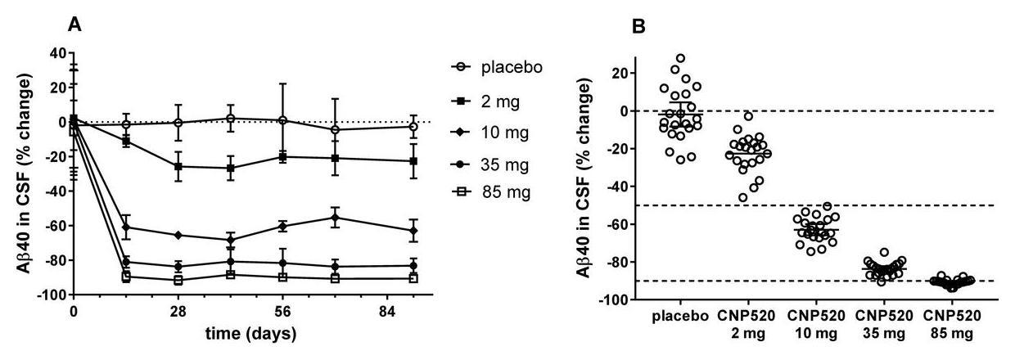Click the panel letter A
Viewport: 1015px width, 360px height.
point(74,25)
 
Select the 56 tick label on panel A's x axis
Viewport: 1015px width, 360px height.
point(283,312)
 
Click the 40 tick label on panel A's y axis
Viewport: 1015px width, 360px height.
point(56,53)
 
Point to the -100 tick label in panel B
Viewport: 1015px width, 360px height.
point(615,299)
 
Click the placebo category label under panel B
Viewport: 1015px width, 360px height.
point(680,317)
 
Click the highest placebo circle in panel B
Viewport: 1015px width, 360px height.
point(680,59)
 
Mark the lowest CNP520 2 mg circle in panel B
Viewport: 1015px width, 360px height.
point(743,197)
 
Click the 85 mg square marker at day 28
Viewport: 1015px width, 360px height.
point(178,280)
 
